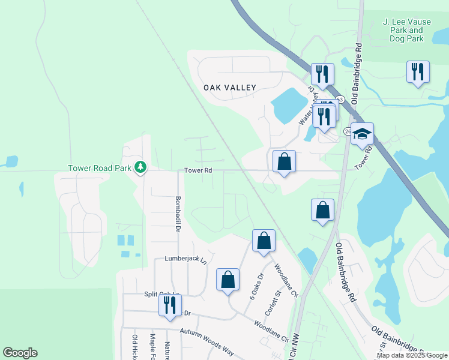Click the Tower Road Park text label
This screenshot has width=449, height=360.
coord(99,168)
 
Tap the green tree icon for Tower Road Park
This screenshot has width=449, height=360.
coord(140,166)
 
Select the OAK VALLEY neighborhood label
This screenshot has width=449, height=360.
coord(230,88)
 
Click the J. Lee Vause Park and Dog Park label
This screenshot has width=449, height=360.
coord(403,30)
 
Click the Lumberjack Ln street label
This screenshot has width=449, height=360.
coord(185,260)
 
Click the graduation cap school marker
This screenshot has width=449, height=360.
coord(362,134)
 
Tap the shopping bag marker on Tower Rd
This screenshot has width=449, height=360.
coord(284,161)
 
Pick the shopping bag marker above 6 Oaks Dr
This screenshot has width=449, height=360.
coord(264,241)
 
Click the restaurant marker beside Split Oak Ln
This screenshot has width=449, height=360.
coord(170,305)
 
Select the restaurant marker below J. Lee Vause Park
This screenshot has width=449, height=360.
coord(418,72)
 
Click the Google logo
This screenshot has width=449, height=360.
coord(20,353)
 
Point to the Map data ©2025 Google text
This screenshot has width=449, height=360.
coord(411,355)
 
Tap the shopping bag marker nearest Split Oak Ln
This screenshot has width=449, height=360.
coord(228,280)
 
